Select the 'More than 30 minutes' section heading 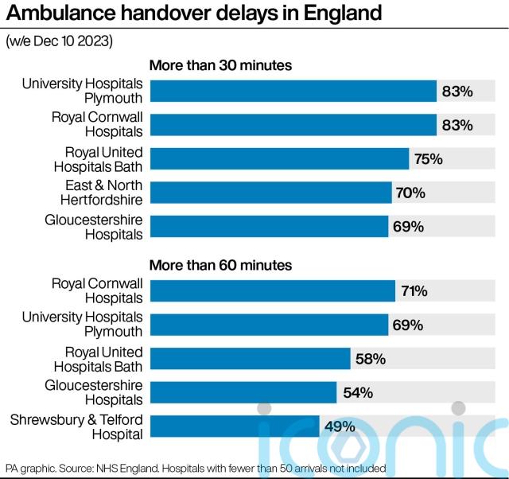point(221,66)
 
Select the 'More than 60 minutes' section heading point(221,265)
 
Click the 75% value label point(428,159)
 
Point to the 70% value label point(410,193)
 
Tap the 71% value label point(414,291)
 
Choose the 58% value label point(370,359)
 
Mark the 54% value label point(357,392)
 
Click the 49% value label point(339,426)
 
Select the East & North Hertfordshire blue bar point(270,193)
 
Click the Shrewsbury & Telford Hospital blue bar point(235,426)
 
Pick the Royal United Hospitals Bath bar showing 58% point(250,359)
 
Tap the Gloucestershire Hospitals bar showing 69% point(269,227)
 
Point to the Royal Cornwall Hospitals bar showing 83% point(293,126)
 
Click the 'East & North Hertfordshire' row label point(102,193)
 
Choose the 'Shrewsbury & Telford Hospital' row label point(76,426)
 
